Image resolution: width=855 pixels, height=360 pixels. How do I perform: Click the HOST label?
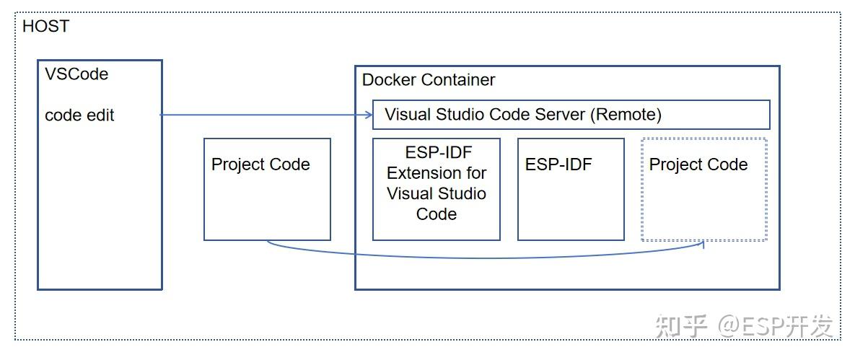[46, 27]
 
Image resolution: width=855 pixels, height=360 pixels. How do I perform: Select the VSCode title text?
[76, 74]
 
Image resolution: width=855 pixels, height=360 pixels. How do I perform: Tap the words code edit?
[79, 115]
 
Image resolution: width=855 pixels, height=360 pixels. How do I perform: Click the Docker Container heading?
[429, 79]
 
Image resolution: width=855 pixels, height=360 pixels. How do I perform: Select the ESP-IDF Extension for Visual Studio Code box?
[436, 189]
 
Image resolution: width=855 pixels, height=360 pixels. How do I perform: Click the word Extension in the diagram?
[437, 173]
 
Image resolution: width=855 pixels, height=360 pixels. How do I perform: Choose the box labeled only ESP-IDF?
[570, 189]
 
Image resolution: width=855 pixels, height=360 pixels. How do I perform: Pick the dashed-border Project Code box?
[703, 189]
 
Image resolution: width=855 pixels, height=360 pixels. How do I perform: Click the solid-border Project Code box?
[267, 189]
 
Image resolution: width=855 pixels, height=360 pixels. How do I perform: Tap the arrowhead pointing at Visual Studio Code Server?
[367, 115]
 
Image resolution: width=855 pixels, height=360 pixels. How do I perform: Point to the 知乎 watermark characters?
[682, 326]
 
